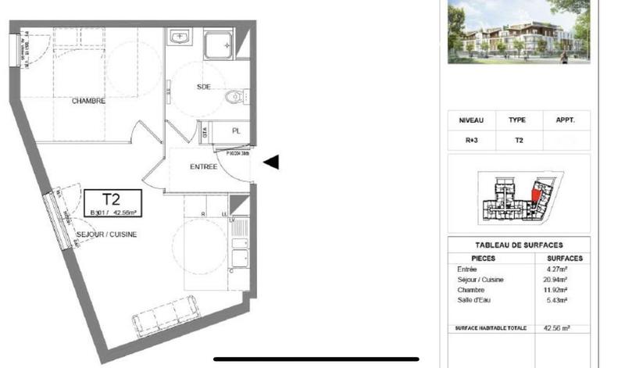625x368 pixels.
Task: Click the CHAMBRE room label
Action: (88, 101)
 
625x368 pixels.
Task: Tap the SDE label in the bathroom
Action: (204, 87)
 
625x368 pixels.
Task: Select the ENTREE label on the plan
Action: (204, 167)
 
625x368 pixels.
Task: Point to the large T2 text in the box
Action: (111, 198)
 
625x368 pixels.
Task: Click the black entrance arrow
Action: (271, 163)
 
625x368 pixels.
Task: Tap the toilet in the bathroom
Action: (232, 98)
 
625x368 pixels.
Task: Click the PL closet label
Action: (236, 131)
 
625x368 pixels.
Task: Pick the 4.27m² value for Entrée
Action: (556, 270)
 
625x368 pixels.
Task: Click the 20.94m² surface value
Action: (556, 279)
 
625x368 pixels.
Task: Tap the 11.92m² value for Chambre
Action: (556, 289)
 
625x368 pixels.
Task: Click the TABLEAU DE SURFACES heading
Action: (519, 245)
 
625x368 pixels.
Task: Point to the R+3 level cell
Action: (472, 141)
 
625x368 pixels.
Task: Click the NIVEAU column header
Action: (472, 121)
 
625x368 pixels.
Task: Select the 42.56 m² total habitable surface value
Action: (556, 329)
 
